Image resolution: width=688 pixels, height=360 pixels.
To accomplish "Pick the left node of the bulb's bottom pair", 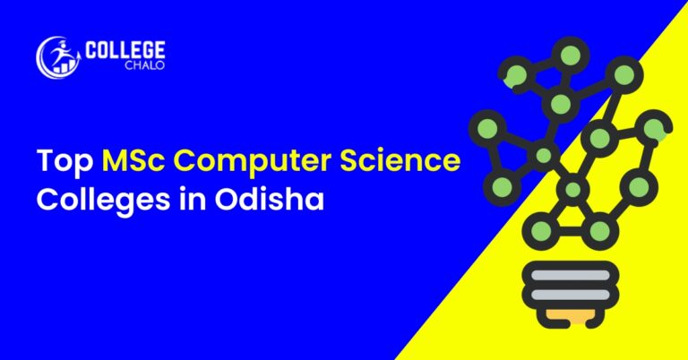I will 541,230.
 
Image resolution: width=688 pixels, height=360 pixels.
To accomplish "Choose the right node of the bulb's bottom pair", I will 602,231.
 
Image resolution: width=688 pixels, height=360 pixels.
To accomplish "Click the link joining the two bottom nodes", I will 572,231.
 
